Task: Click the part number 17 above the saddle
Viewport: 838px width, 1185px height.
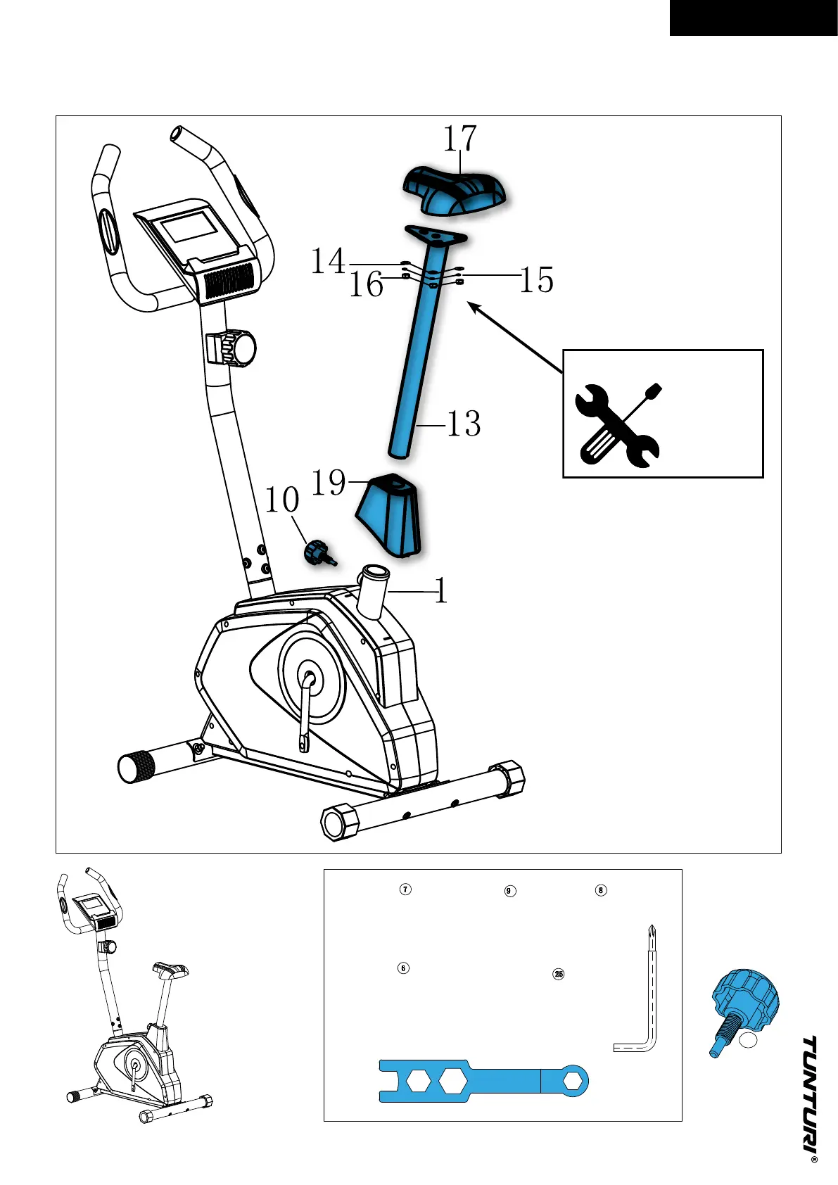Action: [459, 139]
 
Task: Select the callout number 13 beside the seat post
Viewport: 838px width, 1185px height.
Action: [464, 424]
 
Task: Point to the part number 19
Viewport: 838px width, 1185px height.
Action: [329, 483]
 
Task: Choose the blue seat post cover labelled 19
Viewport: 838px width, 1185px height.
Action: [389, 516]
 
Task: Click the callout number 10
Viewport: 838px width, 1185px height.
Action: [282, 500]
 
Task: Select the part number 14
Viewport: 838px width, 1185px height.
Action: [329, 262]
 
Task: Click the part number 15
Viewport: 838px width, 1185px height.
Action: [537, 280]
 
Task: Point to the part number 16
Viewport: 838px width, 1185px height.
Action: [366, 285]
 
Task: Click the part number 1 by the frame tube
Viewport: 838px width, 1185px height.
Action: [440, 591]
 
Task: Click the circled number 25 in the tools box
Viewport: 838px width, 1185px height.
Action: [559, 975]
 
